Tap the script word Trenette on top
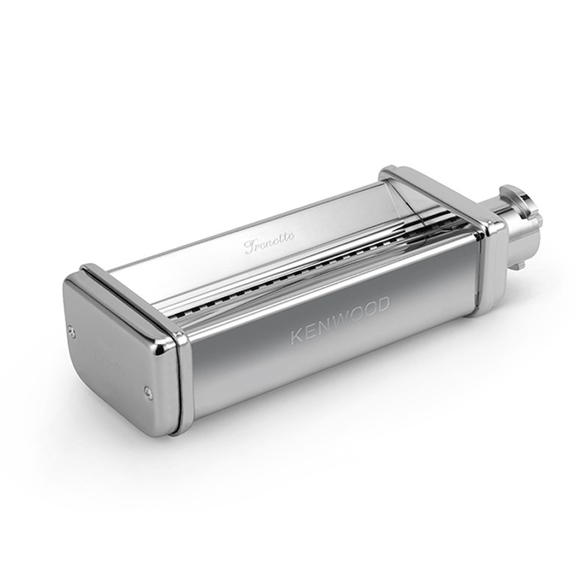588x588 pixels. [x=270, y=242]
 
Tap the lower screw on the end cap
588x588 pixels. [x=146, y=391]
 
